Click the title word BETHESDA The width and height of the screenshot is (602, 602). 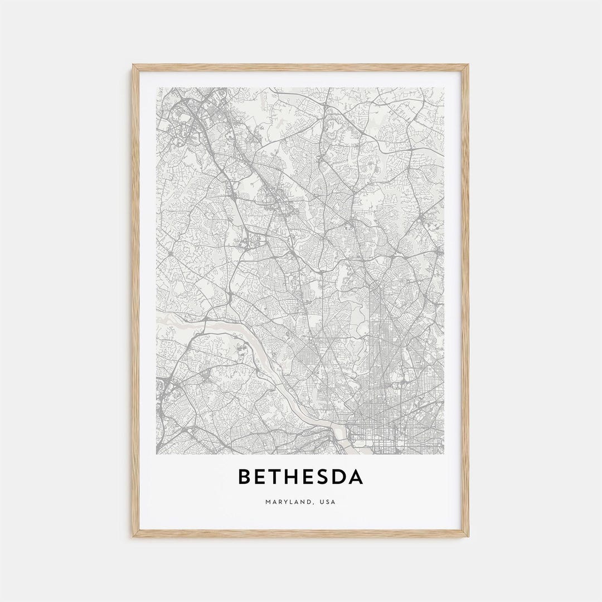(300, 477)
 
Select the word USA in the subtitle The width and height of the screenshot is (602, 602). (328, 502)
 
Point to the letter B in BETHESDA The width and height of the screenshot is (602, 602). (244, 477)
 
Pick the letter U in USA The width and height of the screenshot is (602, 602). (322, 502)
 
